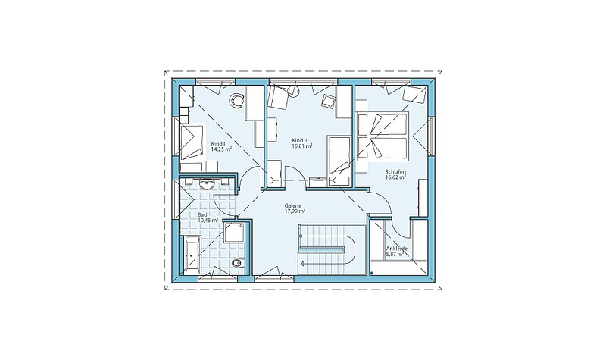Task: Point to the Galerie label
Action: [x=292, y=206]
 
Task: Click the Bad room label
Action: [x=202, y=214]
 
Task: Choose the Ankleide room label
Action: [x=396, y=249]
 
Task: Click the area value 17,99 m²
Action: [x=295, y=211]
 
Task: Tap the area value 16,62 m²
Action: [x=395, y=177]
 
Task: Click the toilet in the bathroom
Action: [x=237, y=263]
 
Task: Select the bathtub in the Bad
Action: [x=192, y=254]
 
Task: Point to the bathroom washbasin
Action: [x=208, y=184]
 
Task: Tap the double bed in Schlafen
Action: [x=383, y=136]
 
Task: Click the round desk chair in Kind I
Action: [x=236, y=100]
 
